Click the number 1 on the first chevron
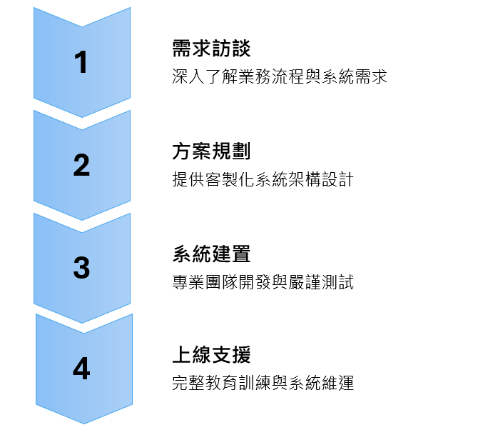click(82, 63)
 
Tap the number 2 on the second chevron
click(82, 165)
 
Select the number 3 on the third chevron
click(82, 268)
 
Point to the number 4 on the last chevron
click(82, 369)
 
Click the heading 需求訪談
click(211, 49)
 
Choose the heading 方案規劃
click(211, 152)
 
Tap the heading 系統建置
click(211, 254)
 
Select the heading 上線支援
click(211, 356)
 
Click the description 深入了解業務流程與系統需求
click(280, 76)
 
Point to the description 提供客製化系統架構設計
click(263, 179)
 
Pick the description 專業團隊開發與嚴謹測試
click(263, 281)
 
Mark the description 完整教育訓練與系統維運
click(263, 383)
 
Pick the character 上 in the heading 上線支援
click(182, 356)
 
